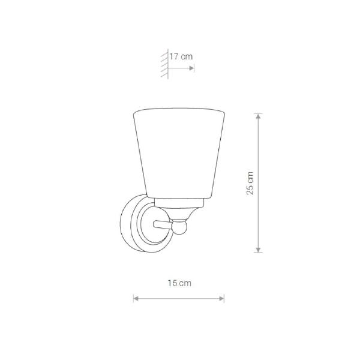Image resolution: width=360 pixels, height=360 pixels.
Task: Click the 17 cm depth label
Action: click(x=181, y=56)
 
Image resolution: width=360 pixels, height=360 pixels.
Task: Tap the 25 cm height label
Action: click(x=250, y=183)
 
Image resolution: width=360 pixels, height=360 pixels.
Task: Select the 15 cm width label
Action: click(x=179, y=283)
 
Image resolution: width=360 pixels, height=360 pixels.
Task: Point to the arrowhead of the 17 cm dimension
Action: click(x=191, y=68)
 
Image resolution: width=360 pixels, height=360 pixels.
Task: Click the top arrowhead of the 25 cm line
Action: click(x=258, y=116)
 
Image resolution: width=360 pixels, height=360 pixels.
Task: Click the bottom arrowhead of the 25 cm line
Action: click(x=258, y=250)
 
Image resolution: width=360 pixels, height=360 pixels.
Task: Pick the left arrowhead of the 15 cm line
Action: click(x=136, y=298)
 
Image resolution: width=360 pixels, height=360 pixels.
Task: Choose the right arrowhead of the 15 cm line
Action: click(x=221, y=298)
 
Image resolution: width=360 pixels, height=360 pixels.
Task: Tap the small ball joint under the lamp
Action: click(x=179, y=227)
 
